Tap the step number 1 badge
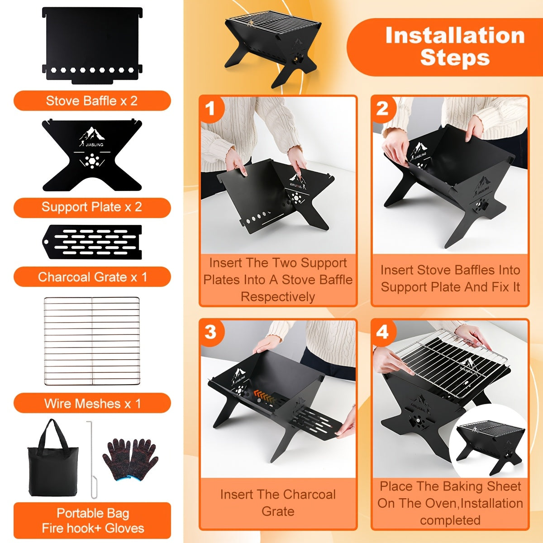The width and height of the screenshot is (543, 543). tap(210, 109)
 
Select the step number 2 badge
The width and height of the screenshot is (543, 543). tap(382, 109)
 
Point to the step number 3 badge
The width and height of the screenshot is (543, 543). tap(210, 332)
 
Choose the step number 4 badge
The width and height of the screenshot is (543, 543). tap(383, 332)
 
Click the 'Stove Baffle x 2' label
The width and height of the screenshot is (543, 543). tap(92, 101)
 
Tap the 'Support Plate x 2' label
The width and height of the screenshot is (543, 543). tap(92, 207)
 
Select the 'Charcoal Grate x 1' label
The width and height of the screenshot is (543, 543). tap(92, 277)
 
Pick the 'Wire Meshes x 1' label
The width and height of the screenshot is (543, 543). tap(92, 403)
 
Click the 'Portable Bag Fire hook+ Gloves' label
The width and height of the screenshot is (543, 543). tap(92, 520)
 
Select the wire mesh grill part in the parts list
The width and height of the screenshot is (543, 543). tap(92, 341)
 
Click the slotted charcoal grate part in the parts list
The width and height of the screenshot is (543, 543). tap(92, 242)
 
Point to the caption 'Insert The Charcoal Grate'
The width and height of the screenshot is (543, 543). tap(278, 503)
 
